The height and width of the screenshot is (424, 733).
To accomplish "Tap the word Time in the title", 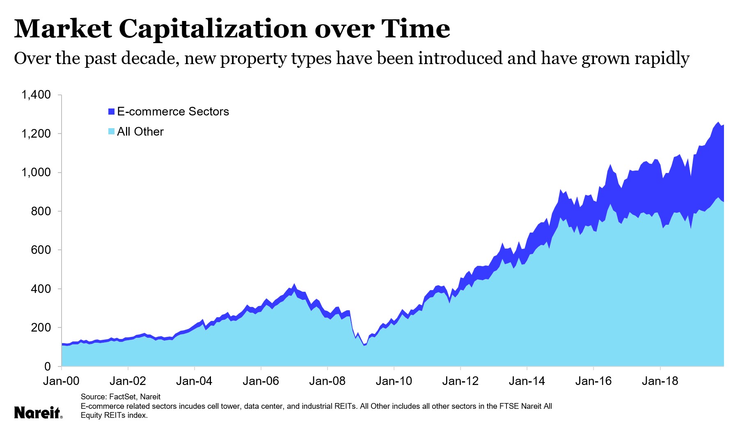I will (415, 29).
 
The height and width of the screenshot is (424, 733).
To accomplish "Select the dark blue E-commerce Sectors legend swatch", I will (111, 112).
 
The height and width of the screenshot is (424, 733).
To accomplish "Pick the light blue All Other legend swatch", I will (111, 132).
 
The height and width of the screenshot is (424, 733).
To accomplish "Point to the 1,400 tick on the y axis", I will (36, 95).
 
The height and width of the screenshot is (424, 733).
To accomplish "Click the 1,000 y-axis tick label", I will (36, 173).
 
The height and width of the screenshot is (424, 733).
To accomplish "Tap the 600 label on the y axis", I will (41, 250).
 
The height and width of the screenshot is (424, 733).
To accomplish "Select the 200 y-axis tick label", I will (41, 328).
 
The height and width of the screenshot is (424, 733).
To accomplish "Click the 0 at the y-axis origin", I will (48, 366).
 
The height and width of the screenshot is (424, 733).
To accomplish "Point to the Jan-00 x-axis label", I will (61, 381).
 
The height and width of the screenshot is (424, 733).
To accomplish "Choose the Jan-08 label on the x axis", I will (327, 381).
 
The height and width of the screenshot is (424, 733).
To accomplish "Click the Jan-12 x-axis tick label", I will (460, 381).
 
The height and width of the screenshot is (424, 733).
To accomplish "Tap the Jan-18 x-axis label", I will (660, 381).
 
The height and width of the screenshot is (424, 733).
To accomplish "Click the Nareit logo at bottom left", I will (38, 412).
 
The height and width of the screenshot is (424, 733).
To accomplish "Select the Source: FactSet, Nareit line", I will (121, 397).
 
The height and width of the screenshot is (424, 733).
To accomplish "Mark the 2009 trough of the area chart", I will (364, 345).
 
